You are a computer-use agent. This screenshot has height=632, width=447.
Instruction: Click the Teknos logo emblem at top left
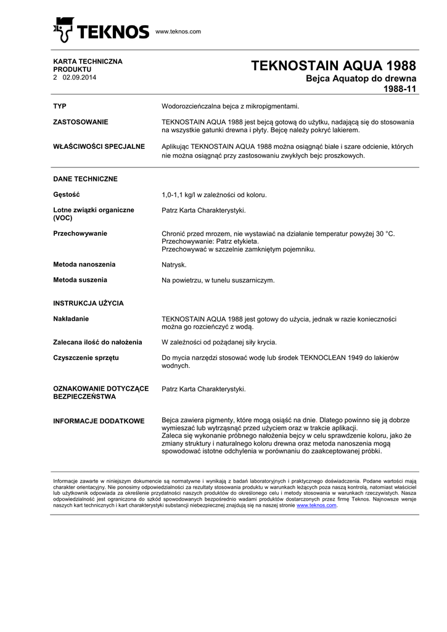point(64,30)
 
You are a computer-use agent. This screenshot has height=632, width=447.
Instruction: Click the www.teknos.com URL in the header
point(178,31)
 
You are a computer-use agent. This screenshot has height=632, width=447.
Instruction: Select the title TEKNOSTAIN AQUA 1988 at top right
point(334,66)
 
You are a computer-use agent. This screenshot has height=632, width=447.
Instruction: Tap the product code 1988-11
point(400,89)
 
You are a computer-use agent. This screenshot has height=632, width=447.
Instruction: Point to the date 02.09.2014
point(80,78)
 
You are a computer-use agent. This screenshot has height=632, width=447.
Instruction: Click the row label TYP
point(60,106)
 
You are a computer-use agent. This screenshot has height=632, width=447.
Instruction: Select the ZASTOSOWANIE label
point(81,122)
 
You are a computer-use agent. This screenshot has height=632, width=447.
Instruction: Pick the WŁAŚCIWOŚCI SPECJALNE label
point(99,147)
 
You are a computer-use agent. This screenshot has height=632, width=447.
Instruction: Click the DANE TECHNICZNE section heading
point(86,179)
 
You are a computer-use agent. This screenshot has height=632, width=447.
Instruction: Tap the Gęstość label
point(67,194)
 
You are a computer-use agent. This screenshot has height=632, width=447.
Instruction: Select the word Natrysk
point(174,265)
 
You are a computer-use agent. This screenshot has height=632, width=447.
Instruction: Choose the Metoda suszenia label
point(80,280)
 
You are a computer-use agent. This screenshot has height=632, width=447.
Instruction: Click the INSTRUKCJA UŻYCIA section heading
point(89,304)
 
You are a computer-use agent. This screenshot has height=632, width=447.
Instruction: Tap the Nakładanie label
point(72,319)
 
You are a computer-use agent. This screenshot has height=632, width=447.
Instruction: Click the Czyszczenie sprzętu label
point(86,358)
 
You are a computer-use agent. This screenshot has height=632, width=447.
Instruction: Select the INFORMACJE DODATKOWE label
point(99,421)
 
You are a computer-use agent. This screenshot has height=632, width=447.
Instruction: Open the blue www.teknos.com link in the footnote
point(316,505)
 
